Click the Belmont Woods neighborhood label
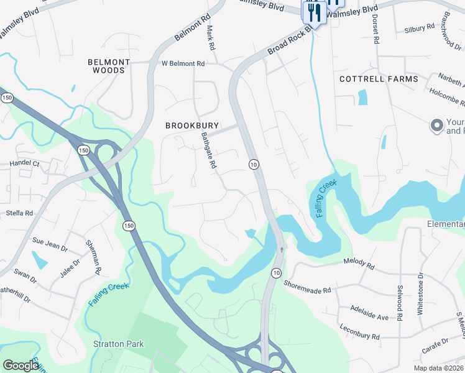coord(109,67)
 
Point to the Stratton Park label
coord(118,344)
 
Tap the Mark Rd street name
coord(211,39)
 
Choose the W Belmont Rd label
coord(183,63)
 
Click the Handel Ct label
coord(24,163)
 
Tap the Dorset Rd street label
coord(375,29)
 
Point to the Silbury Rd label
coord(419,29)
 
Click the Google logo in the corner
coord(21,366)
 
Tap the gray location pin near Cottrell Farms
coord(436,126)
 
